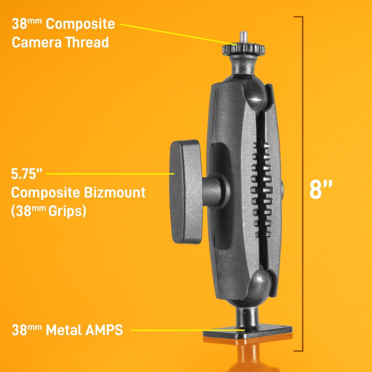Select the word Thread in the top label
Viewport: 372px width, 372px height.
coord(87,42)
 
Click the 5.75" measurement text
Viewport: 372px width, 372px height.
coord(26,174)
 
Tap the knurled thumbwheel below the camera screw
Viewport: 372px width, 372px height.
coord(243,49)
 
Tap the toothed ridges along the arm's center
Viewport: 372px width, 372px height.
coord(262,186)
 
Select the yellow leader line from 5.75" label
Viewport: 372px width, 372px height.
coord(108,174)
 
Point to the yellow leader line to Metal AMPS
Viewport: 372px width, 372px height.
coord(186,330)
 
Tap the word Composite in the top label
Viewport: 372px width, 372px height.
coord(80,24)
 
